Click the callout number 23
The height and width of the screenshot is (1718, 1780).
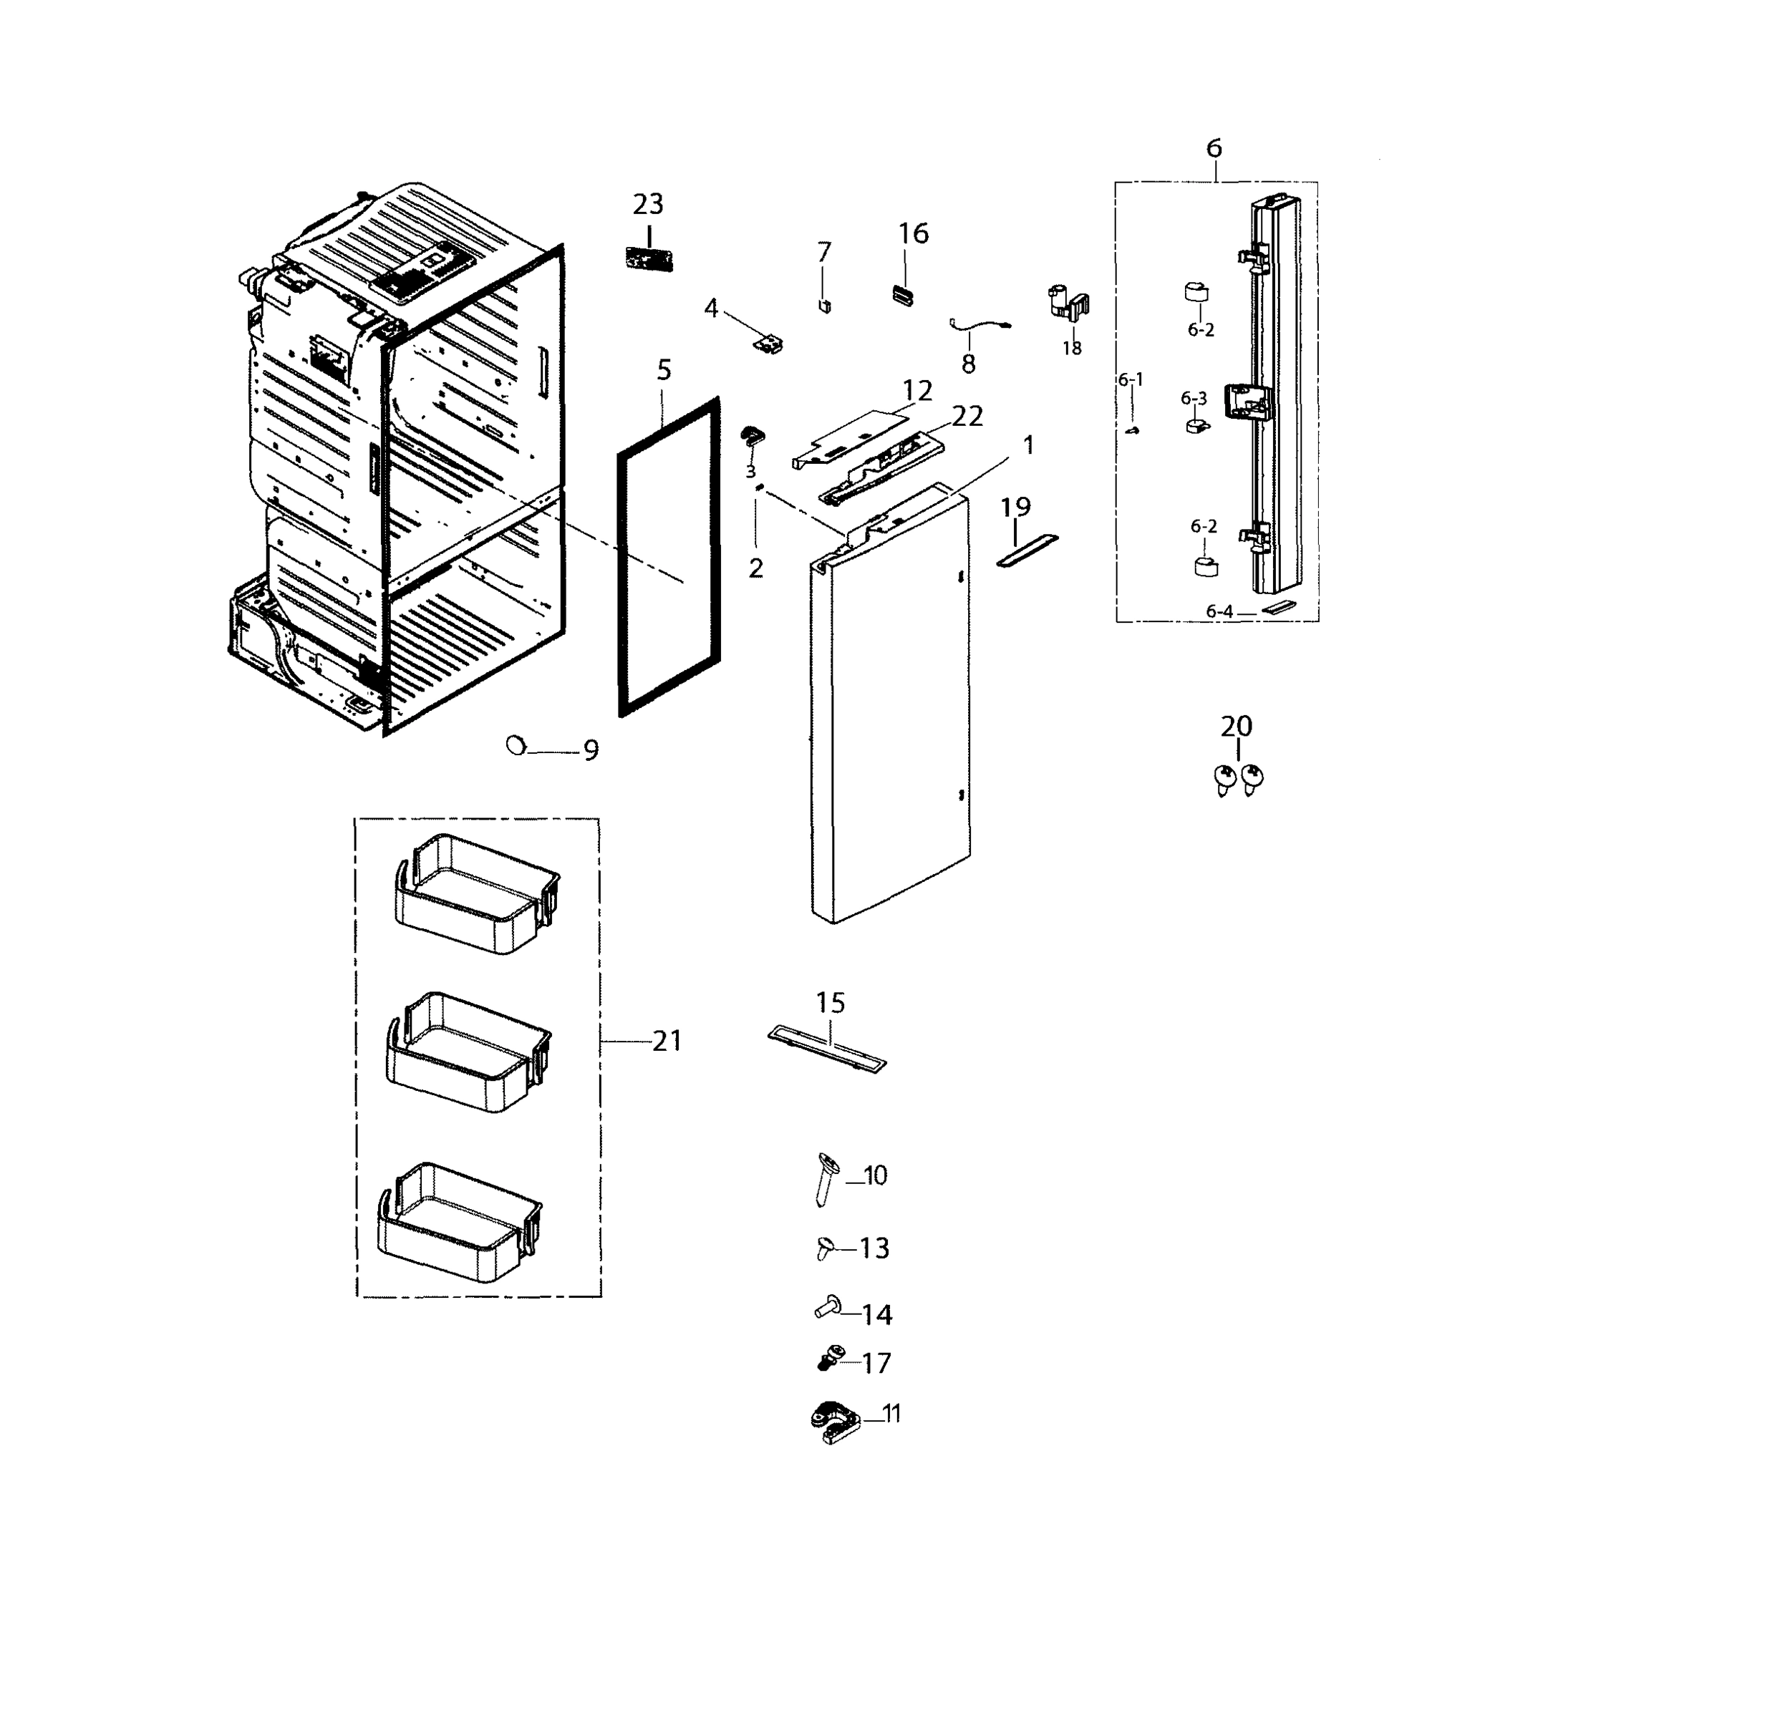click(x=649, y=203)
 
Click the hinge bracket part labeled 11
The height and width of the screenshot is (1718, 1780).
click(x=833, y=1423)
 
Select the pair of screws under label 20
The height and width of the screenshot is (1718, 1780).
click(x=1239, y=778)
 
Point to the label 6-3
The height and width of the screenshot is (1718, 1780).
click(x=1194, y=399)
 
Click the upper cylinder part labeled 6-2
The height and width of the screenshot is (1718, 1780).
click(x=1197, y=292)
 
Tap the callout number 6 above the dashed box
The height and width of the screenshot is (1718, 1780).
click(x=1214, y=148)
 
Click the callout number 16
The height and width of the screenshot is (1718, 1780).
click(x=913, y=233)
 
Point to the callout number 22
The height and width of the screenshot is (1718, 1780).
click(x=967, y=416)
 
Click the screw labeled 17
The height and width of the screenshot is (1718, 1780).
click(x=826, y=1360)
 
